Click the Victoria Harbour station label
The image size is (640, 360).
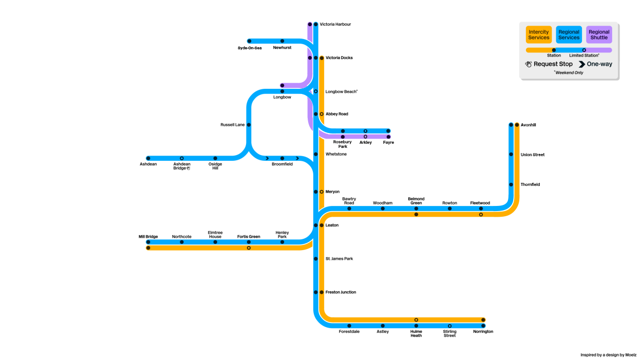(335, 24)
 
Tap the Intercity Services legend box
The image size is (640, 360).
(539, 34)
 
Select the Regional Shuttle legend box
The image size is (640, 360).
(599, 34)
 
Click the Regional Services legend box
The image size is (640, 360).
(569, 34)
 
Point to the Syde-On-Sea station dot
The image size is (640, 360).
(249, 41)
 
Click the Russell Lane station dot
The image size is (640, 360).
(249, 125)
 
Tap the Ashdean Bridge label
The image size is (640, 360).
(182, 166)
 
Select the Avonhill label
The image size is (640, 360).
(529, 125)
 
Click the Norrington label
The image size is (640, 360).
(483, 331)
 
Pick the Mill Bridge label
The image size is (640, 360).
(148, 237)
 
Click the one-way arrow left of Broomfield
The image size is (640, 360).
(267, 158)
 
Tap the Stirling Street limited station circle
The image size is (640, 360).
(450, 326)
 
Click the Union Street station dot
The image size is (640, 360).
(511, 154)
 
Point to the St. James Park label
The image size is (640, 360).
(339, 258)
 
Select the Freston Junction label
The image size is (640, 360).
(341, 292)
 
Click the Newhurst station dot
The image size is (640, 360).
(283, 41)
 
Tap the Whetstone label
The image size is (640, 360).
(336, 154)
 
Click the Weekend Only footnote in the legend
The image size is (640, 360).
(569, 72)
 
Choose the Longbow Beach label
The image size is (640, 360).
(342, 91)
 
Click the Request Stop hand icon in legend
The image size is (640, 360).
(529, 64)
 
